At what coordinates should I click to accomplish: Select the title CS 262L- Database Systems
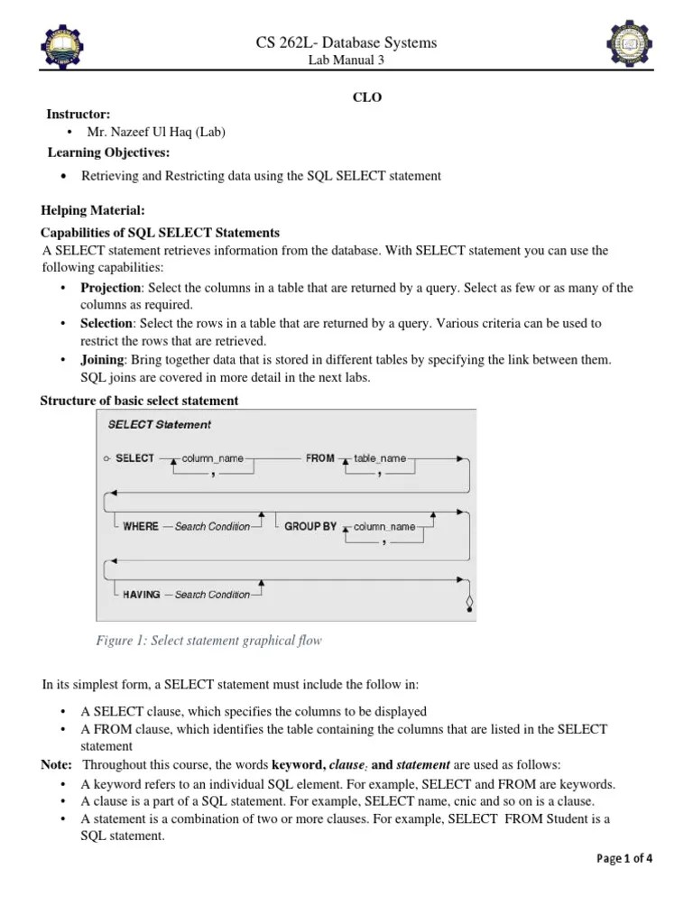point(346,42)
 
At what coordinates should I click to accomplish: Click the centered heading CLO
point(366,97)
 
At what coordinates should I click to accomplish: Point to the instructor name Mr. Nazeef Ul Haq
point(155,132)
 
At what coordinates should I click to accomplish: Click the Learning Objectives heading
point(108,152)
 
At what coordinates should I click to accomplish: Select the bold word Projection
point(111,288)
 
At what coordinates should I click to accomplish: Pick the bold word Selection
point(107,322)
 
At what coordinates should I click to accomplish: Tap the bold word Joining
point(102,359)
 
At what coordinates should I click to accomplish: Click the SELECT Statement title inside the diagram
point(159,424)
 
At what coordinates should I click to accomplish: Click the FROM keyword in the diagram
point(320,458)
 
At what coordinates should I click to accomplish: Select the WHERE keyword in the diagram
point(141,526)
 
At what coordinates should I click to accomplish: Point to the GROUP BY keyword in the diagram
point(310,526)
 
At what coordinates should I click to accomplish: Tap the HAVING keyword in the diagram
point(142,595)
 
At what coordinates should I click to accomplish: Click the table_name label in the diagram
point(380,458)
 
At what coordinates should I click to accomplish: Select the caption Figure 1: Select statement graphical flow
point(208,641)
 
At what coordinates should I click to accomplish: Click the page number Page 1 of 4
point(624,858)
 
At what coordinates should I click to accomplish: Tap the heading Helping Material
point(92,210)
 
